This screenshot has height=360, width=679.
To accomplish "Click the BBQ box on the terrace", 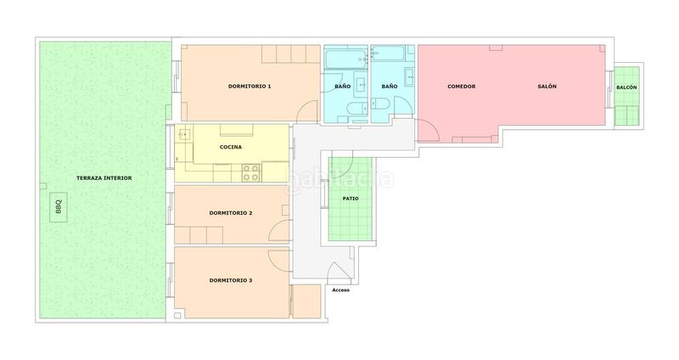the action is click(59, 207).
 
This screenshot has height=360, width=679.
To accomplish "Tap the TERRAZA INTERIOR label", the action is click(104, 178).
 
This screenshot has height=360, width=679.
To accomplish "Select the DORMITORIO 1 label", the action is click(250, 87).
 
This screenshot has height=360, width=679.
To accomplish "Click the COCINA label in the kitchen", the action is click(231, 147).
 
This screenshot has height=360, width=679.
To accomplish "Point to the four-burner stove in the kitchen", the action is click(251, 172).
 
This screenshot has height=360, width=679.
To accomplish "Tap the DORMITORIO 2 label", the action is click(231, 213).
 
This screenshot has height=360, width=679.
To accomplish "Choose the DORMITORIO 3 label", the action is click(231, 280).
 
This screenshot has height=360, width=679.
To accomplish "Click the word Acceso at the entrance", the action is click(341, 290).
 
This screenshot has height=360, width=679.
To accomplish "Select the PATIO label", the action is click(351, 199).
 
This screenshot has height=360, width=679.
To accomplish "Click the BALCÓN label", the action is click(626, 87).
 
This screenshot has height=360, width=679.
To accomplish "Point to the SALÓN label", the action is click(547, 87).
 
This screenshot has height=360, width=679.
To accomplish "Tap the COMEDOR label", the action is click(461, 87).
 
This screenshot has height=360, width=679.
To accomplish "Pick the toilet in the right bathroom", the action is click(380, 104).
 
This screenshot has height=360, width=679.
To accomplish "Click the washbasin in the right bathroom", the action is click(410, 77).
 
